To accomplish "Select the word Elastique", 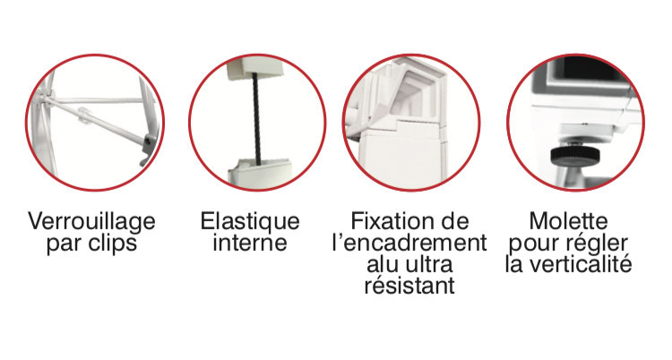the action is pos(250,222).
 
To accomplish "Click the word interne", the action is pos(250,243).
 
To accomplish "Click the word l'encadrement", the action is pos(409,243).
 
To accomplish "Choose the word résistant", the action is pos(409,285).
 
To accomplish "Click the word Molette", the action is pos(568,221).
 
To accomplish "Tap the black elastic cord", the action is pos(257,118).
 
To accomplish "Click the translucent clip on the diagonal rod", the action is pos(84,116).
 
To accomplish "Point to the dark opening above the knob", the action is pos(591,69).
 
